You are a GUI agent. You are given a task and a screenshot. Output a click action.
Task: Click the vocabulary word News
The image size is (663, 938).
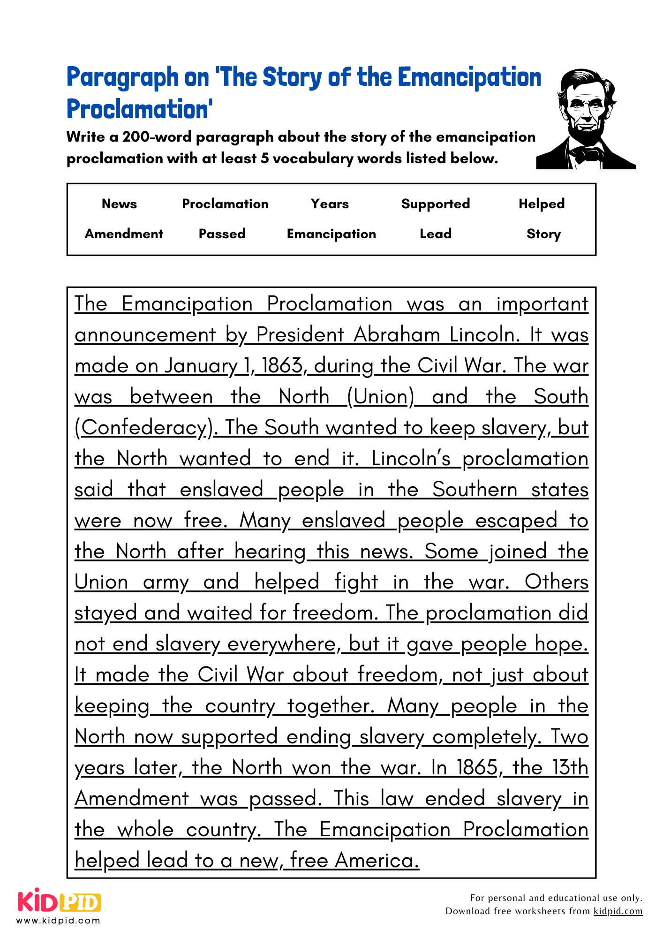coord(119,204)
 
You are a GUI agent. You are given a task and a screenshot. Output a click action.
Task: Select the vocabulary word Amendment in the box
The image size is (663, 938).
coord(124,234)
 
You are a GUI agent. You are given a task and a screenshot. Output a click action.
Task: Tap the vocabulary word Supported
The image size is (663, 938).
coord(435,204)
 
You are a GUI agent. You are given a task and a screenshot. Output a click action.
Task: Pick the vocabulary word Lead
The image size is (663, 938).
coord(435,234)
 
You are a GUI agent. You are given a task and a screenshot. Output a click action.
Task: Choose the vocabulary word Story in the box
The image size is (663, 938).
coord(543,234)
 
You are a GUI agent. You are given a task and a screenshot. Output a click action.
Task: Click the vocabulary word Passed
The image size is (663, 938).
coord(222,234)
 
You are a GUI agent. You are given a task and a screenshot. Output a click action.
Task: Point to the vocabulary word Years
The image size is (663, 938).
coord(330,204)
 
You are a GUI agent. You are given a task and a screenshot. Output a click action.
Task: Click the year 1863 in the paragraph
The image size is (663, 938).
coord(282,366)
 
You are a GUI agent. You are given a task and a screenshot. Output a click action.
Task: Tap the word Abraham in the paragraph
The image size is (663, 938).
coord(397,335)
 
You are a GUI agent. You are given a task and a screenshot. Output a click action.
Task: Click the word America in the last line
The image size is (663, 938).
coord(377,861)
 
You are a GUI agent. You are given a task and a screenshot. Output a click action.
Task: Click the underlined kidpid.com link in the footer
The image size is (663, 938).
coord(618,911)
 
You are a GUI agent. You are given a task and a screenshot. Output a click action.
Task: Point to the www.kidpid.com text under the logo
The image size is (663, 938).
coord(59,920)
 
